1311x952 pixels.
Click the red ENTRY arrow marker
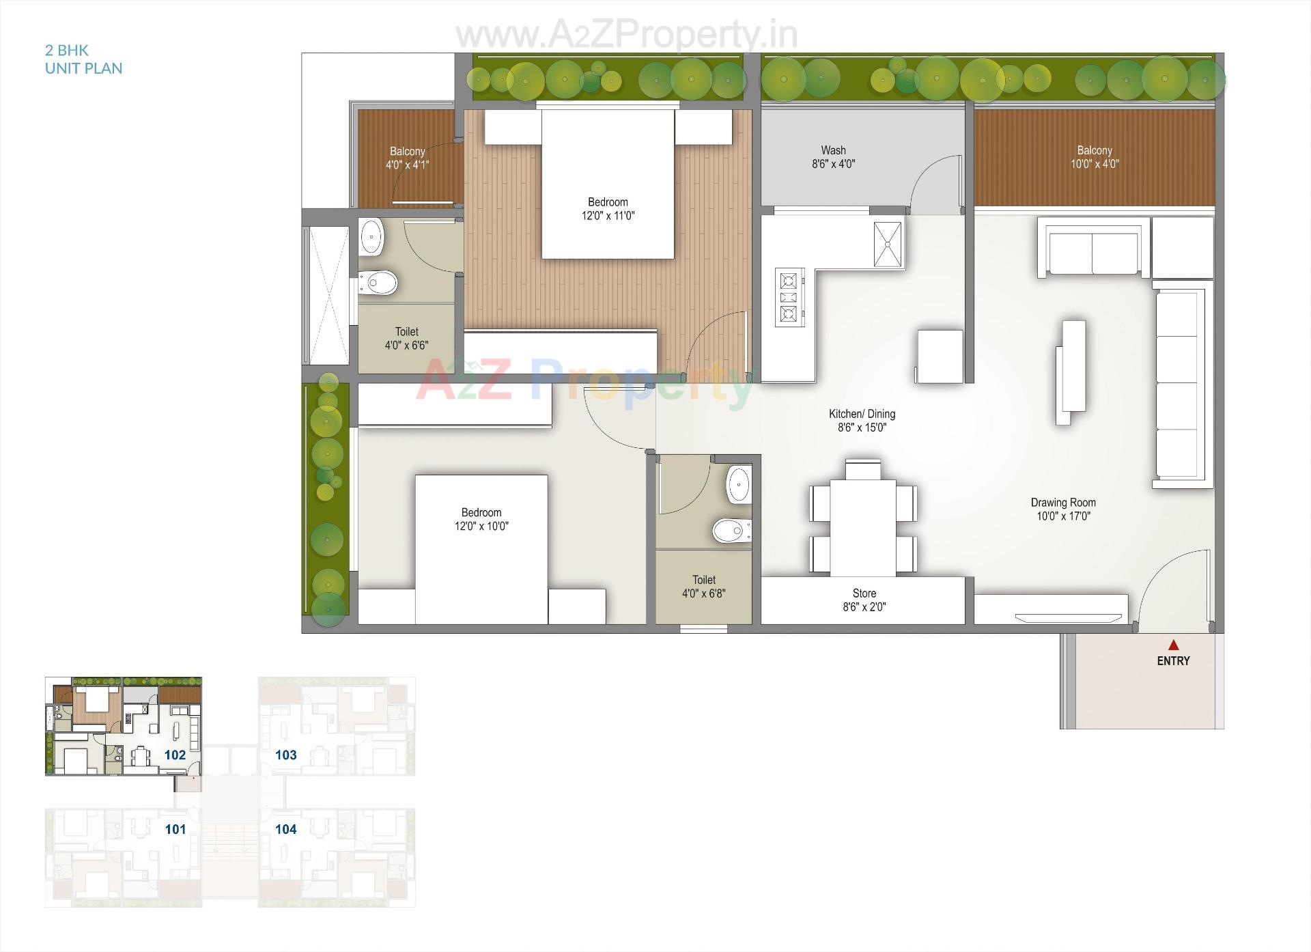click(x=1173, y=644)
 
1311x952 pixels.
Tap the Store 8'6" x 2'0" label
click(x=864, y=600)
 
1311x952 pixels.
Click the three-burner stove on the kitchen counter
click(x=789, y=297)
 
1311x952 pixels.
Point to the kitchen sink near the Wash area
click(x=888, y=244)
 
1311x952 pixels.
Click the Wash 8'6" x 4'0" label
click(x=833, y=156)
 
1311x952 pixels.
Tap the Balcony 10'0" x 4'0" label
click(x=1094, y=156)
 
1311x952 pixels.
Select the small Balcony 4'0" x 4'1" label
click(x=407, y=158)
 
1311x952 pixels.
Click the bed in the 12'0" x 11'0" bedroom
click(x=608, y=184)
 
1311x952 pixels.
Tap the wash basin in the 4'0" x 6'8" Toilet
click(x=738, y=484)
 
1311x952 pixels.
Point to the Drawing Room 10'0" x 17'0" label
click(x=1062, y=509)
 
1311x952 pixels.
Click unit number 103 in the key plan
click(x=286, y=755)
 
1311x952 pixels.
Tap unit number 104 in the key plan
click(x=286, y=829)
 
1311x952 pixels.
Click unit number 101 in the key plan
click(x=175, y=829)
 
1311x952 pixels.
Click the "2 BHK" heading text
click(x=67, y=50)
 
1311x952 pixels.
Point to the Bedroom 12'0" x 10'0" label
click(x=481, y=519)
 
